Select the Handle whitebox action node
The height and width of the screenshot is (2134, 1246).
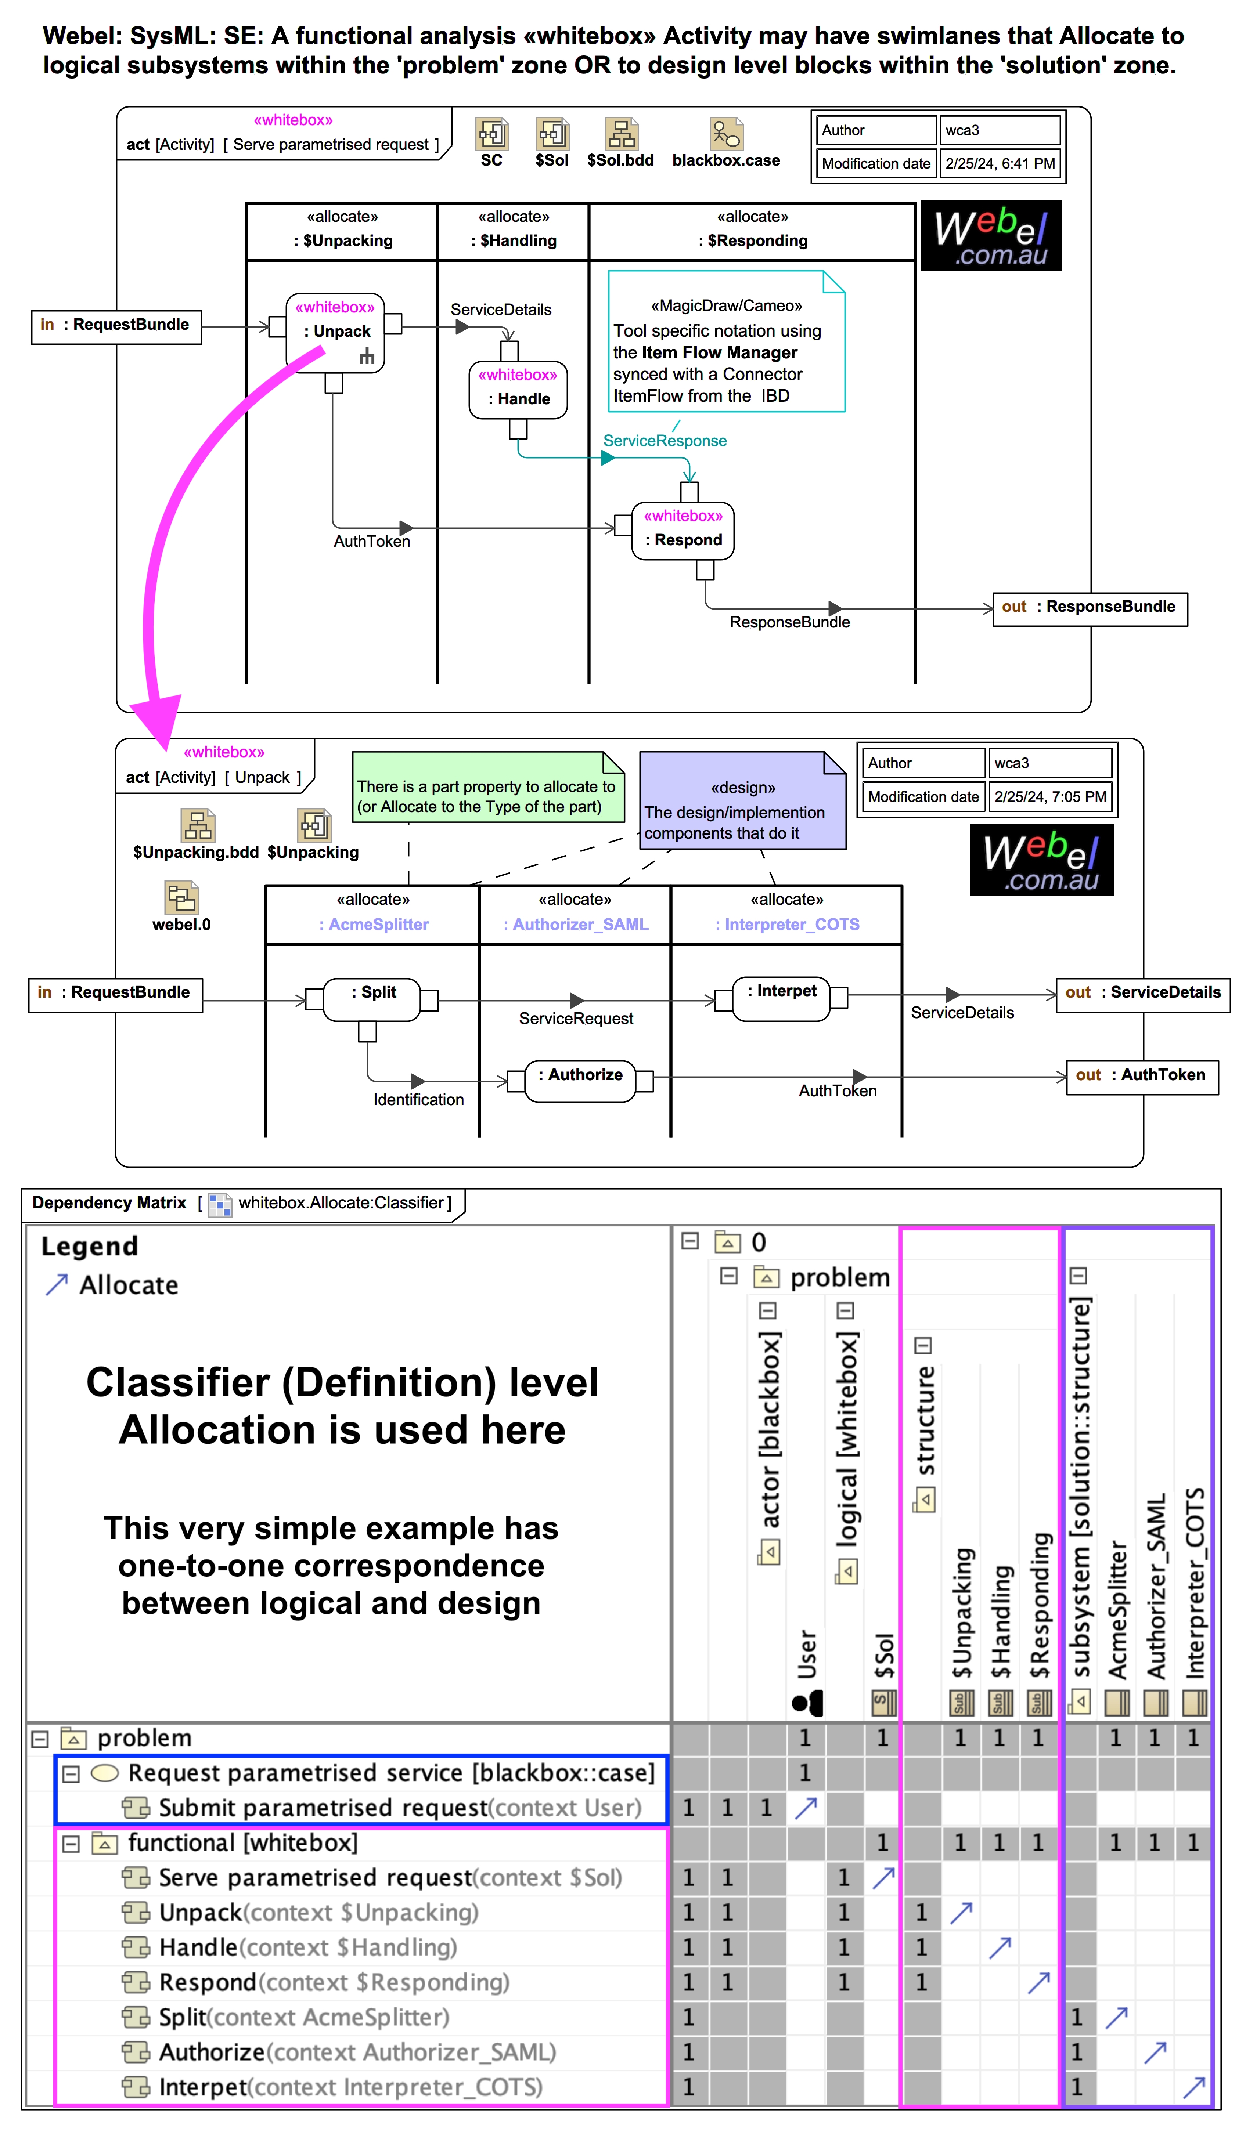518,390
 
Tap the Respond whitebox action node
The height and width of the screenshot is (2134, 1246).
683,531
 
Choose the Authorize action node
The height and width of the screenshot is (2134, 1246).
580,1081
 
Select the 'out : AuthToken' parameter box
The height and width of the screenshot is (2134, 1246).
1141,1077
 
